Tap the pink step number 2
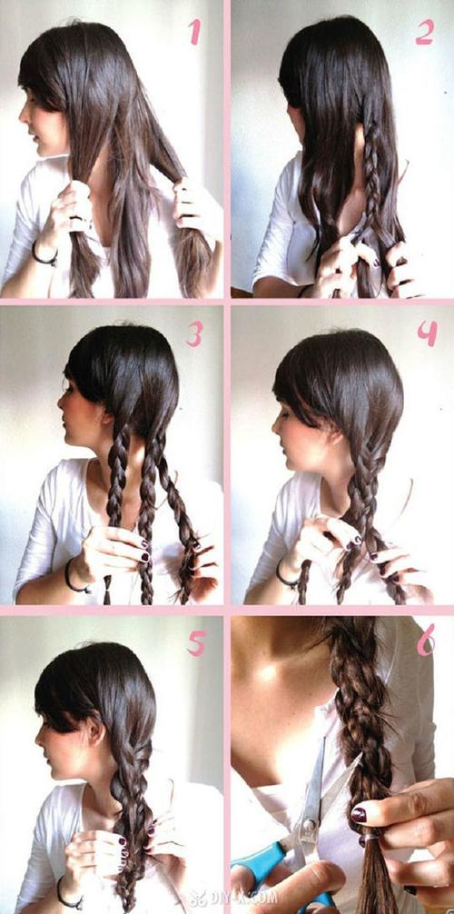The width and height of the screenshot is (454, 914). [424, 33]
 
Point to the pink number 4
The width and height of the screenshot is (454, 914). [427, 333]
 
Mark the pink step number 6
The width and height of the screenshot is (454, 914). [426, 643]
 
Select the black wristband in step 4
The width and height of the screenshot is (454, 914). [286, 576]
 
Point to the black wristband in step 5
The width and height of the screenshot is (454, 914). [65, 894]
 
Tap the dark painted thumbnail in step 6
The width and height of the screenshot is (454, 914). [359, 814]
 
